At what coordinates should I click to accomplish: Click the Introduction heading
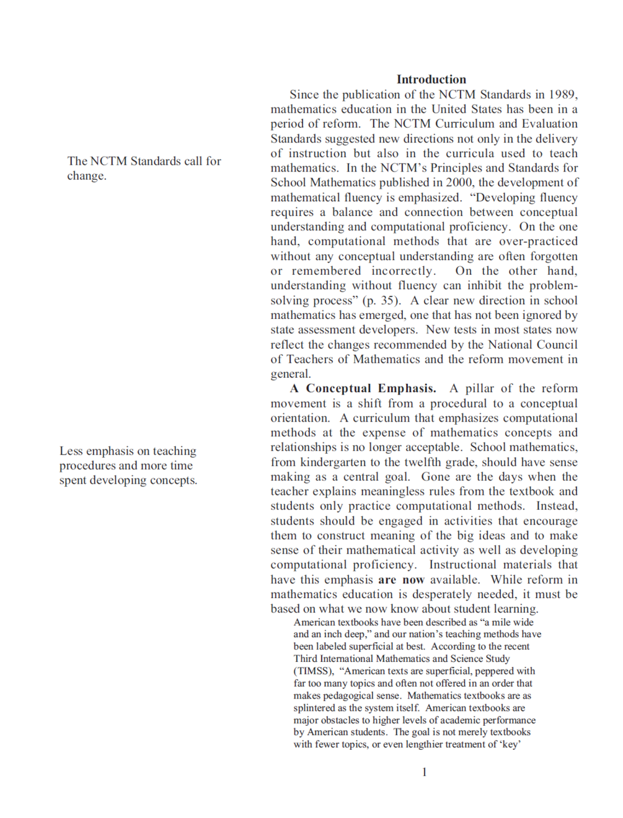pos(431,79)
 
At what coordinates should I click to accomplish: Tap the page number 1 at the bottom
pos(424,772)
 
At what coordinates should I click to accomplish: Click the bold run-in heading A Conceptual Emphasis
pos(363,388)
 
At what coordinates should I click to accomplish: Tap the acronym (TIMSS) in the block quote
pos(314,671)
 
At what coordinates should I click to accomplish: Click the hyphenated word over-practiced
pos(538,241)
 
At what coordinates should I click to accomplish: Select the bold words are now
pos(401,580)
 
